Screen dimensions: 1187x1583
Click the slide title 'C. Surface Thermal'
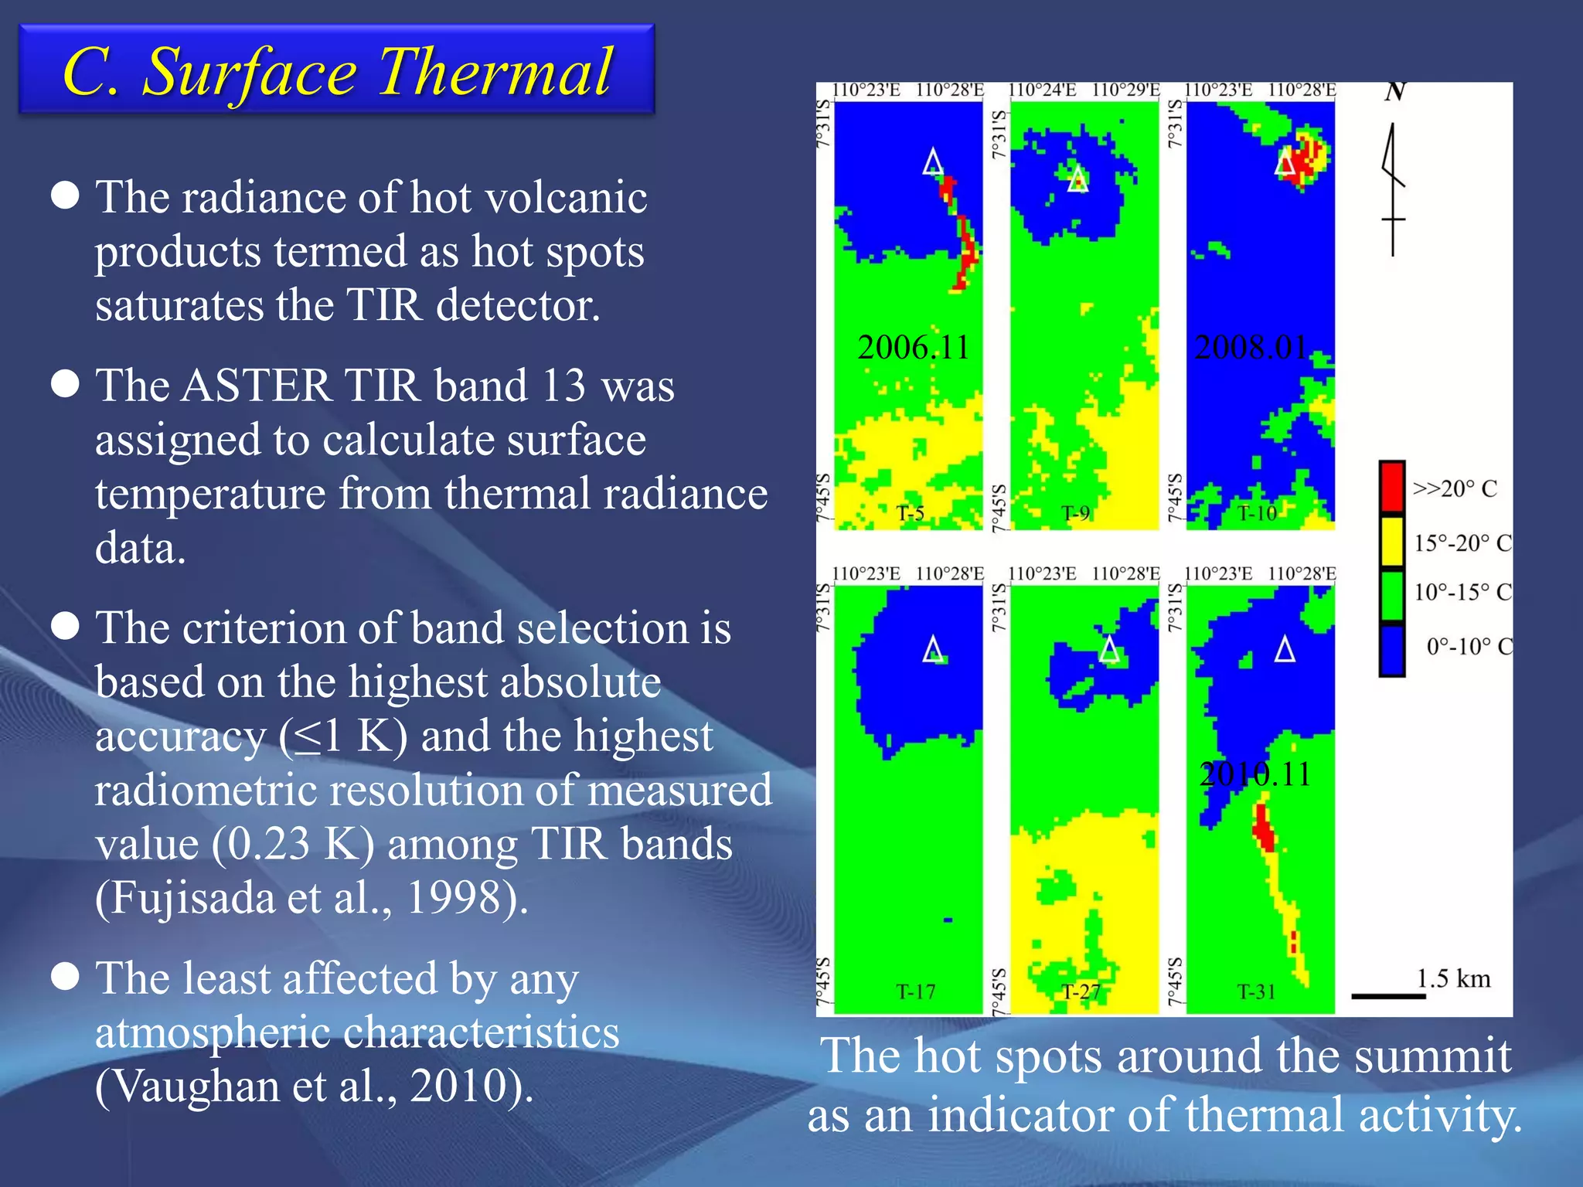pos(337,71)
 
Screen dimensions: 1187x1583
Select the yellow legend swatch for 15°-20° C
pos(1392,541)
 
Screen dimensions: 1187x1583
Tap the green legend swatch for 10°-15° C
pos(1392,593)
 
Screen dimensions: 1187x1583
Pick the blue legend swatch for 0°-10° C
pos(1392,649)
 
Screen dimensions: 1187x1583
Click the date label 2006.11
pos(914,348)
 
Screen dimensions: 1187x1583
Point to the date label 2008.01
pos(1251,348)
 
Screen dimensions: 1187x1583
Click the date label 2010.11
pos(1255,774)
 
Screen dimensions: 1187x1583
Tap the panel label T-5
pos(911,513)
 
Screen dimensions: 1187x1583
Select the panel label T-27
pos(1081,991)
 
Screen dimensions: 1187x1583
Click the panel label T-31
pos(1256,991)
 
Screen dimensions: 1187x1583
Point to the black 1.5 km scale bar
pos(1388,996)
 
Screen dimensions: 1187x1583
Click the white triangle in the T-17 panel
pos(934,650)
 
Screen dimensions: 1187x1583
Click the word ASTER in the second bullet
pos(256,385)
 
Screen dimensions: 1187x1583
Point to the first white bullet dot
pos(66,196)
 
